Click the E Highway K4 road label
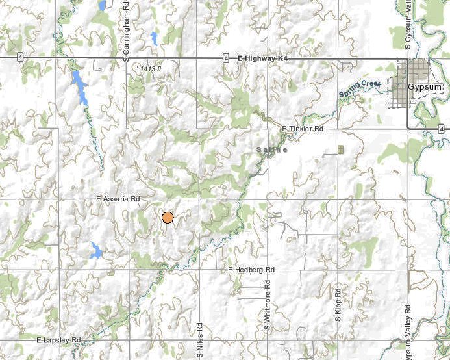click(x=262, y=58)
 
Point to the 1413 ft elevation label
click(x=150, y=68)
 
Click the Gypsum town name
click(x=425, y=86)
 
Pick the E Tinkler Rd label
click(x=303, y=129)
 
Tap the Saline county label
click(x=271, y=149)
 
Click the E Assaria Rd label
click(x=118, y=198)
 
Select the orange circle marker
click(x=168, y=218)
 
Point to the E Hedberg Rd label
click(x=252, y=269)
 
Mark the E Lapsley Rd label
click(x=58, y=340)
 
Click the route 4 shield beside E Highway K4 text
click(x=225, y=58)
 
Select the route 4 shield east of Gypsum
click(x=441, y=129)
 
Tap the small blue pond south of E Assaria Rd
click(x=96, y=250)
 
